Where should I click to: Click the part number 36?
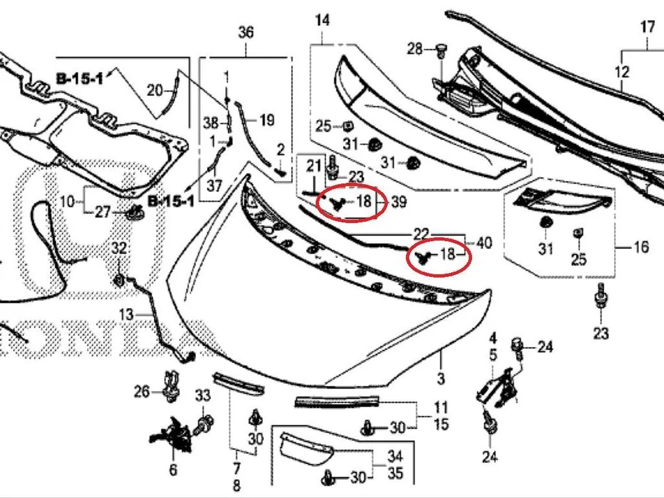click(246, 32)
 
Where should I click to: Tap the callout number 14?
click(322, 20)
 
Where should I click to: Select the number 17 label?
click(648, 27)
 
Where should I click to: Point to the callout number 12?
click(622, 72)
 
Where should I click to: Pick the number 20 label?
click(154, 90)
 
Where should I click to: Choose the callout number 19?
click(267, 120)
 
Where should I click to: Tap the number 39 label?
click(399, 202)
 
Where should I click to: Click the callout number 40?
click(484, 243)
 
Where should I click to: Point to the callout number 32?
click(119, 248)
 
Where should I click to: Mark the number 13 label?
click(126, 314)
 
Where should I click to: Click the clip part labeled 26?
click(171, 387)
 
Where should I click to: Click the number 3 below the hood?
click(441, 378)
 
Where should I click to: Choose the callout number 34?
click(395, 456)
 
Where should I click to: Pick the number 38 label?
click(211, 123)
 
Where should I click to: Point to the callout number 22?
click(421, 234)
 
